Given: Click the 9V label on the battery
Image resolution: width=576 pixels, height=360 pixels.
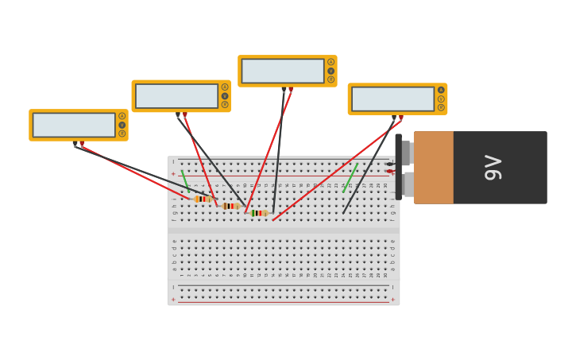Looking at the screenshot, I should [493, 167].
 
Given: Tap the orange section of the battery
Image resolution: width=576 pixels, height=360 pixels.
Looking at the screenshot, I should [433, 167].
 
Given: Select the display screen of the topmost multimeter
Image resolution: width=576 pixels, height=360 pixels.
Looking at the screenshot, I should [283, 71].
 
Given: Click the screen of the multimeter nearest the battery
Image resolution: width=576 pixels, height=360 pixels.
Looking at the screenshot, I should [392, 99].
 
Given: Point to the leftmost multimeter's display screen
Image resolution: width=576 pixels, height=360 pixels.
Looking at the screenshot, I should [74, 125].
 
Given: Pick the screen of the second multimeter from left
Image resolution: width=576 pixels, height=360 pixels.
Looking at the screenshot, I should [176, 96].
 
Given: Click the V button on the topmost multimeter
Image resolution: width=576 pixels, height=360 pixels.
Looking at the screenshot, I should [331, 71].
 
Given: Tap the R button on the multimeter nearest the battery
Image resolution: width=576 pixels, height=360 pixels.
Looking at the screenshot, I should [441, 107].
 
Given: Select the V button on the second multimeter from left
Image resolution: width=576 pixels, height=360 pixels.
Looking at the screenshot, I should [225, 96].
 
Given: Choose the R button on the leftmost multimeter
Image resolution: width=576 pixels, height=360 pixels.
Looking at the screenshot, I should [122, 134].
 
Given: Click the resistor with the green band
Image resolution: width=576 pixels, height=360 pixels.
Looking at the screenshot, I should [259, 213].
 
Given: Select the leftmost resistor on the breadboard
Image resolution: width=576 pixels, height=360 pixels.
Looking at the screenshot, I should [203, 199].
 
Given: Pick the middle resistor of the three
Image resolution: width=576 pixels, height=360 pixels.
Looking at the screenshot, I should [230, 206].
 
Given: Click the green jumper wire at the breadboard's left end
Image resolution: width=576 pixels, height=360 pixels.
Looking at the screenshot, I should [185, 180].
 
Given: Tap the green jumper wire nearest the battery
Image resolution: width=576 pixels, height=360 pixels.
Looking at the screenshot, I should [350, 177].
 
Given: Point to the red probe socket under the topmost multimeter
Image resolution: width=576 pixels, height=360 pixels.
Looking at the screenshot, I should [291, 89].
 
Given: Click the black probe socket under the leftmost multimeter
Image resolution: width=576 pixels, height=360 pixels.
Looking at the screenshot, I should [75, 144].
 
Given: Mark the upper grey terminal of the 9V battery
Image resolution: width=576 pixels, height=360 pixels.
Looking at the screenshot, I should [405, 153].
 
